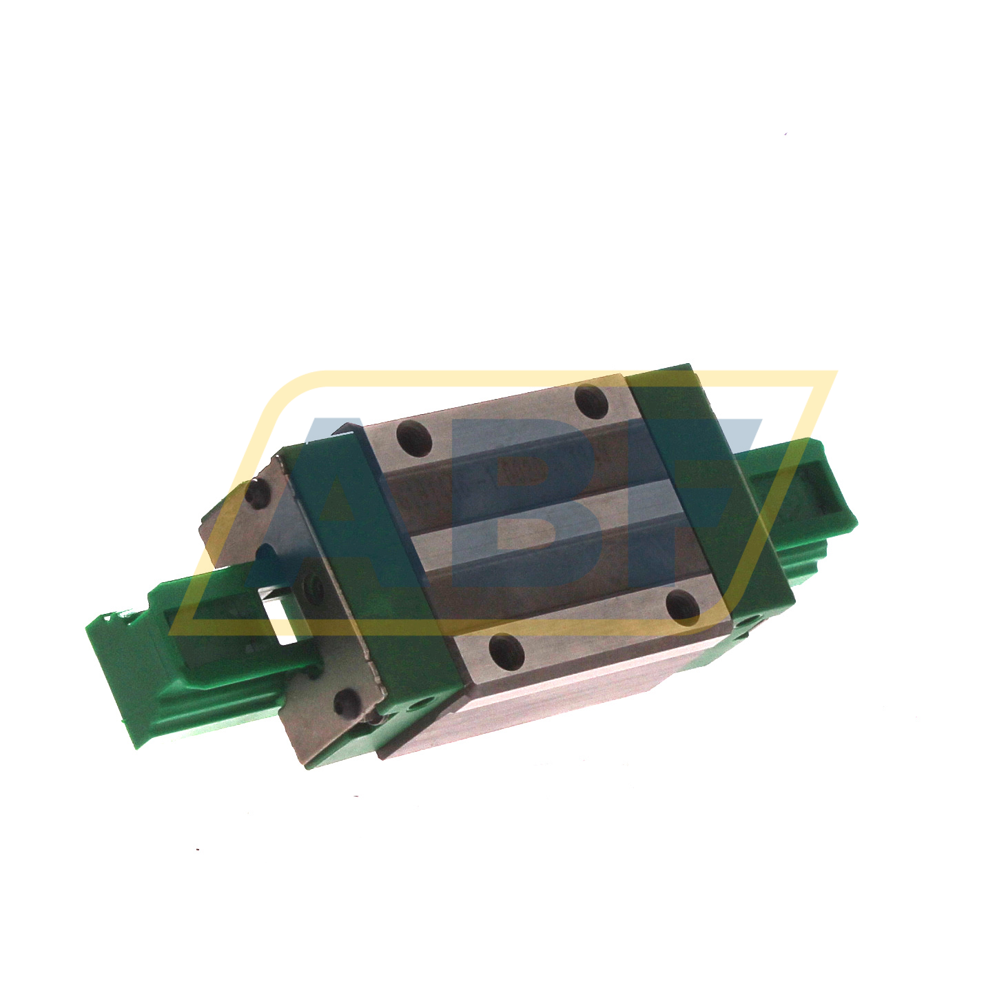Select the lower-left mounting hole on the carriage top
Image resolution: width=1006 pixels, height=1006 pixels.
(506, 650)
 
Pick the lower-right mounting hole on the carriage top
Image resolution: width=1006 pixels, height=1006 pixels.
(685, 606)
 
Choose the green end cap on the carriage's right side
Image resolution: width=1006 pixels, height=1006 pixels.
(710, 482)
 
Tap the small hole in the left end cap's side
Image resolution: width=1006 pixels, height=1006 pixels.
(422, 703)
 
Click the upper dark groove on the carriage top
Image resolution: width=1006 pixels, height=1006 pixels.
(524, 469)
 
